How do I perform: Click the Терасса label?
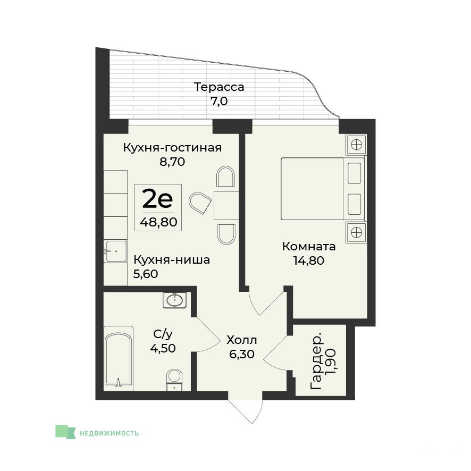[x=219, y=87]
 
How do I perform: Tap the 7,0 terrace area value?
[x=219, y=102]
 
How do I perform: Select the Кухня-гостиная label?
[x=172, y=148]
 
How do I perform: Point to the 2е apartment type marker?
[x=158, y=198]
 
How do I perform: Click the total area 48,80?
[x=158, y=222]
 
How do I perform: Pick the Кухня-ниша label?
[x=172, y=260]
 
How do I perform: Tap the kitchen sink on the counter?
[x=115, y=251]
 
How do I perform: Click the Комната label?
[x=309, y=247]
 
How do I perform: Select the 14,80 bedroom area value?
[x=309, y=260]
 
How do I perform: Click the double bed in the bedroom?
[x=323, y=189]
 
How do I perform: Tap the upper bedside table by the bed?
[x=356, y=145]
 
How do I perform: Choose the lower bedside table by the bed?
[x=356, y=232]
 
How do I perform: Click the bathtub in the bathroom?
[x=119, y=359]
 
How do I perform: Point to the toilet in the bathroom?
[x=174, y=380]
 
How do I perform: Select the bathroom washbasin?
[x=174, y=300]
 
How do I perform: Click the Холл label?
[x=242, y=340]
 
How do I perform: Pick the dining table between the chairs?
[x=226, y=205]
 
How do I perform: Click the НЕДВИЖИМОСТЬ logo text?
[x=109, y=433]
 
